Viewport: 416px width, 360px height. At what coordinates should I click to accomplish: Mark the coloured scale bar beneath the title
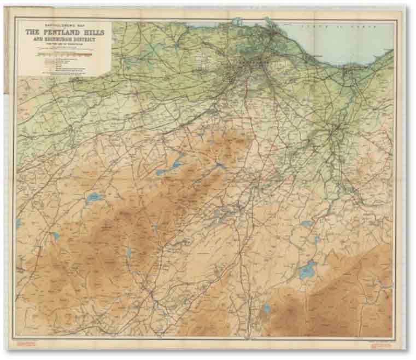pyautogui.click(x=65, y=54)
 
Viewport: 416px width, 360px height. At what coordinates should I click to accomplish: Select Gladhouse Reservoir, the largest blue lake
pyautogui.click(x=307, y=269)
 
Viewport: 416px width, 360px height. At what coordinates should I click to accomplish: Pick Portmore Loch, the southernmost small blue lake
pyautogui.click(x=266, y=309)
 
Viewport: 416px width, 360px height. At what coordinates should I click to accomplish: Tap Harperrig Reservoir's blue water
pyautogui.click(x=93, y=197)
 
